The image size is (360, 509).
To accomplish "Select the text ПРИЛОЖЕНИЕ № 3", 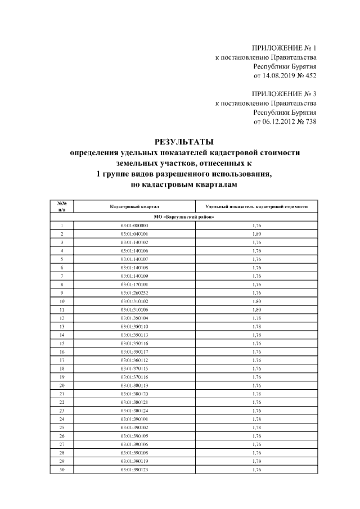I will (285, 94).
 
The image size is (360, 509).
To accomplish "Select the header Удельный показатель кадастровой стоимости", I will (256, 206).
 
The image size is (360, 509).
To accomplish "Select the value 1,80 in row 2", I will (256, 233).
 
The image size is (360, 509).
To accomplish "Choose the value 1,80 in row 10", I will (256, 301).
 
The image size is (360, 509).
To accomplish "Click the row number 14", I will (62, 335).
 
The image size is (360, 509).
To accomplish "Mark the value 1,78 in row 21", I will (256, 394).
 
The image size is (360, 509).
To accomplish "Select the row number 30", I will (62, 470).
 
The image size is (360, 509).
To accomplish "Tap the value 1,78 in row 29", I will (256, 461).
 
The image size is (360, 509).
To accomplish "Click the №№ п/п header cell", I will (62, 206).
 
